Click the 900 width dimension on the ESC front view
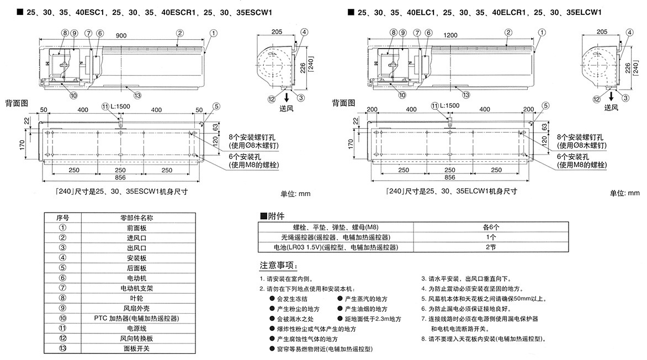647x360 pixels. (121, 36)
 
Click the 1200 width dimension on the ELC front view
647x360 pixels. (451, 36)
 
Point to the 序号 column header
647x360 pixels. (62, 218)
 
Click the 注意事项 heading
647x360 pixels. (283, 265)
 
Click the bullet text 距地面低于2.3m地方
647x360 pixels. (372, 319)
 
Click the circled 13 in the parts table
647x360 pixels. (62, 349)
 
